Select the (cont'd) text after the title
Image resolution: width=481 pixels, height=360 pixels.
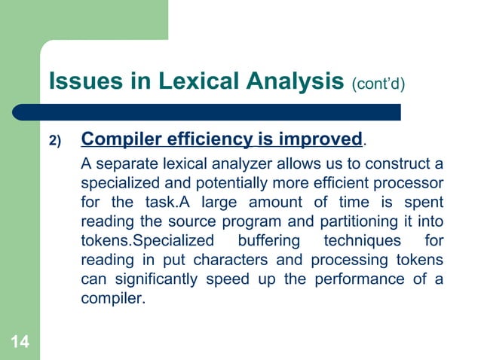pyautogui.click(x=378, y=83)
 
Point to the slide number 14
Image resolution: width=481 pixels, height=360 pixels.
pyautogui.click(x=20, y=343)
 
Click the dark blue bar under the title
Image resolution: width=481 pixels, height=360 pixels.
pyautogui.click(x=219, y=112)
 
